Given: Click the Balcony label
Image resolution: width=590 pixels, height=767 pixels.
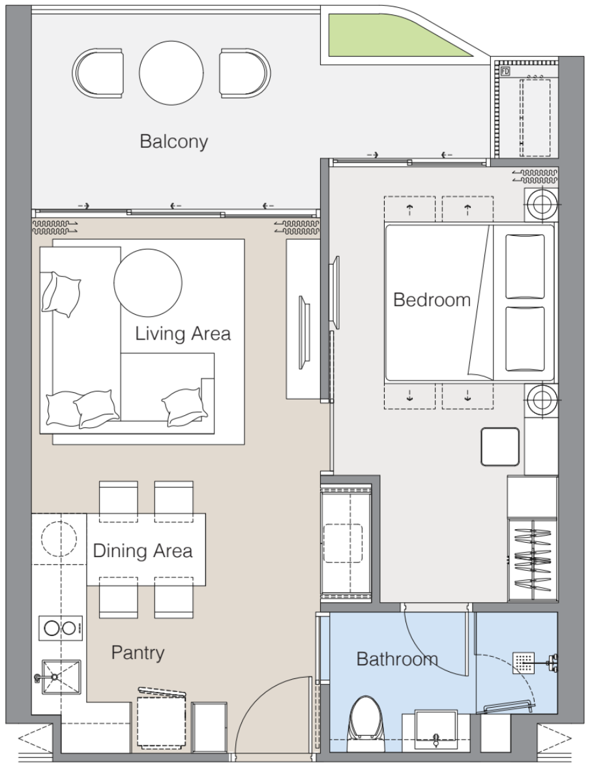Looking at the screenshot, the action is click(x=173, y=141).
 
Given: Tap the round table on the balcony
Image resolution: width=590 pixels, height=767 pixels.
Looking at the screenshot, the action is click(x=171, y=72).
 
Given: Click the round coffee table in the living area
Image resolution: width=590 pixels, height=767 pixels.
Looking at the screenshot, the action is click(x=148, y=282).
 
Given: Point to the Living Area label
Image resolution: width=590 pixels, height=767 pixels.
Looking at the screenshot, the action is click(x=183, y=334).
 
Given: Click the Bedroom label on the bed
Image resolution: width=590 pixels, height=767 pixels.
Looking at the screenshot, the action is click(x=432, y=299).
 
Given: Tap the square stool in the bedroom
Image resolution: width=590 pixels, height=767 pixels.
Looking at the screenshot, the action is click(x=500, y=446).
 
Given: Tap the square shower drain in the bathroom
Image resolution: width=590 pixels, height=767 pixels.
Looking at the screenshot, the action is click(x=523, y=663).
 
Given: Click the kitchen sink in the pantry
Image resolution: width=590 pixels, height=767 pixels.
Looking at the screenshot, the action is click(x=61, y=677).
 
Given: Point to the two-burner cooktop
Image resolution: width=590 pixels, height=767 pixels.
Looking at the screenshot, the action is click(x=60, y=628).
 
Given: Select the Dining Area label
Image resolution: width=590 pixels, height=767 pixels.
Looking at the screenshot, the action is click(x=142, y=551).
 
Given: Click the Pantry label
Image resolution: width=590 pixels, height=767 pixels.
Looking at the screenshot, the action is click(x=138, y=652).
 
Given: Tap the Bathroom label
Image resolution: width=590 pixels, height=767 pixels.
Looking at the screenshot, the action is click(x=397, y=659).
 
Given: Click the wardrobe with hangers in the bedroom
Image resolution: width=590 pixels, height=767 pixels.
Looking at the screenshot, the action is click(x=532, y=560).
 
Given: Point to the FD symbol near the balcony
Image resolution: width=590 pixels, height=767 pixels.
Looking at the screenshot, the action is click(x=505, y=72).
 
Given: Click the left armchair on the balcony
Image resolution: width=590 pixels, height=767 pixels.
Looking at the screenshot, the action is click(x=98, y=73).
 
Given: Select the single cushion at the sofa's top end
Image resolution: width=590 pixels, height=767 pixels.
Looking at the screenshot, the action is click(x=61, y=295).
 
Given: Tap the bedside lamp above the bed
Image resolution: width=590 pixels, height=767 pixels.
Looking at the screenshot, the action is click(x=542, y=204).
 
